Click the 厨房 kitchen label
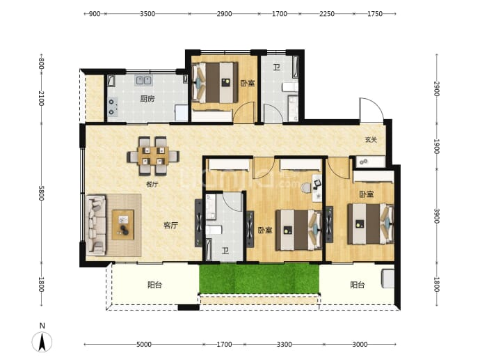click(x=147, y=99)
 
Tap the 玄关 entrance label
click(x=371, y=140)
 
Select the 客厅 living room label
click(x=170, y=226)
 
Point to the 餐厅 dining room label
click(x=152, y=185)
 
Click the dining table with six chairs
click(x=153, y=156)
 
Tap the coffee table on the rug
click(x=122, y=225)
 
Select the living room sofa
click(x=97, y=226)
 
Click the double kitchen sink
click(x=143, y=80)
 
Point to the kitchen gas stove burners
click(x=112, y=107)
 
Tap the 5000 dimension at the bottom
click(x=143, y=345)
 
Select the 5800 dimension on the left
click(x=41, y=193)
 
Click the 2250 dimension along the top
click(x=327, y=14)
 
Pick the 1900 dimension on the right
click(x=436, y=146)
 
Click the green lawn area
click(x=259, y=279)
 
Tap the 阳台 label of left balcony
click(x=154, y=285)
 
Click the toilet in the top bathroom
click(x=289, y=87)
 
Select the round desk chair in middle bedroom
click(x=306, y=188)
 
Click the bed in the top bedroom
click(x=215, y=83)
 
